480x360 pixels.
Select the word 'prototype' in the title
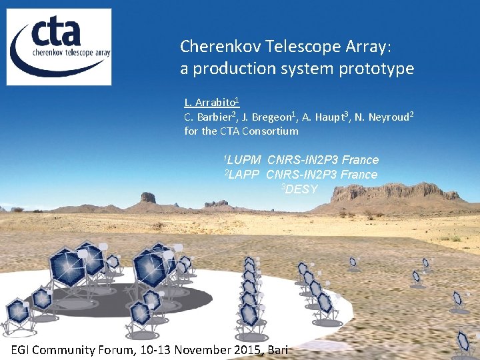click(x=380, y=69)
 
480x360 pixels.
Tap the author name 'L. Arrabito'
click(x=211, y=103)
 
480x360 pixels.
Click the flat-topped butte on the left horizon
click(x=147, y=197)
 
